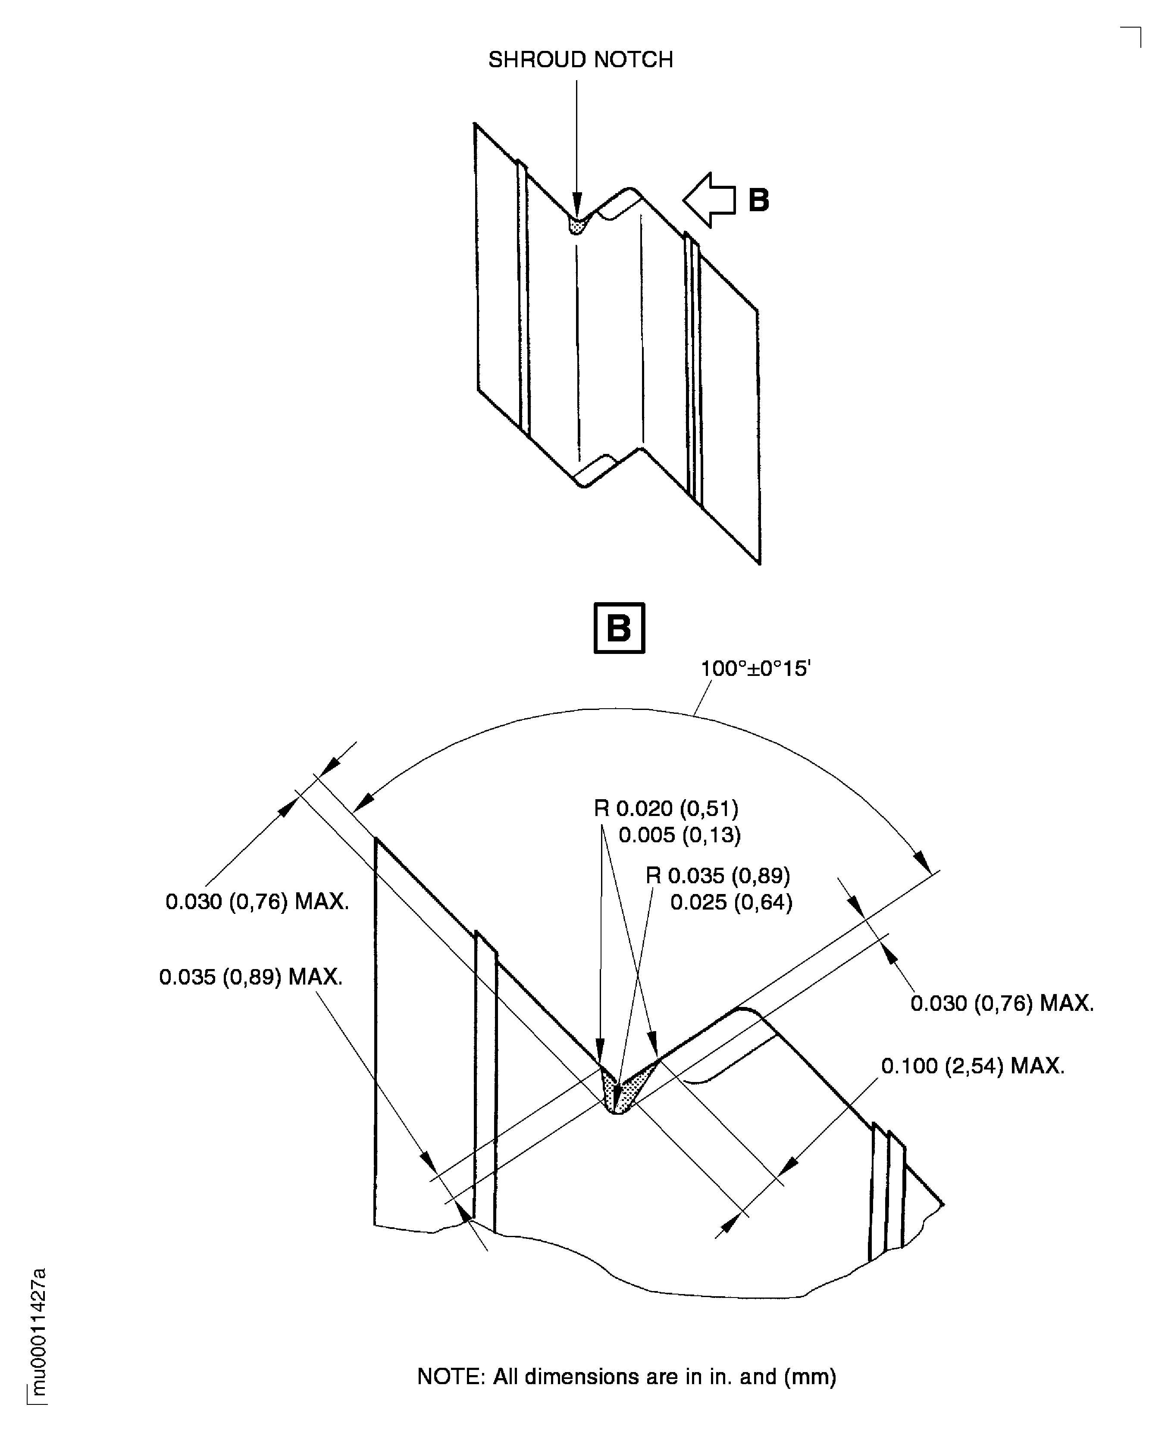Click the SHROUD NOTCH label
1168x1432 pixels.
(580, 60)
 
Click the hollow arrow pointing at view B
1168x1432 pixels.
(709, 200)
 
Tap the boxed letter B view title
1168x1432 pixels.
(619, 628)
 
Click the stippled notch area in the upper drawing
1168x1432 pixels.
(576, 225)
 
